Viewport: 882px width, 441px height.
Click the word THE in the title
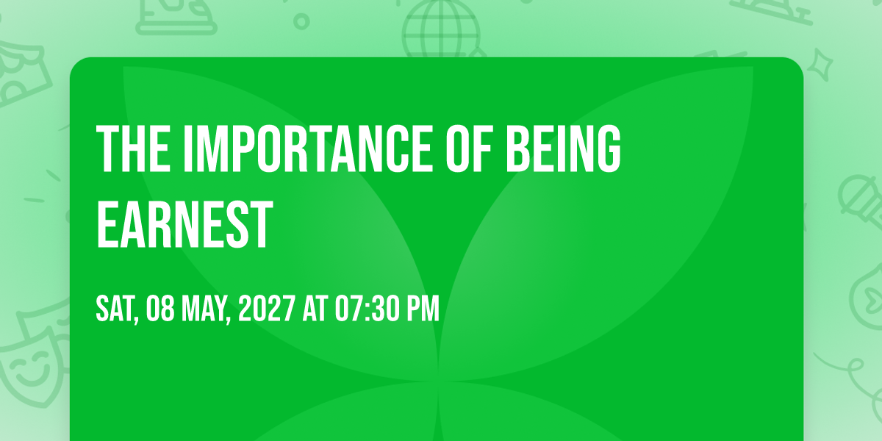click(x=134, y=148)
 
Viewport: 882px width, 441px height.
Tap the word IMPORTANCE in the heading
click(x=308, y=148)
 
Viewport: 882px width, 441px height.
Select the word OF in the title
click(x=469, y=148)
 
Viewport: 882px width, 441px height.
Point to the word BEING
click(x=563, y=148)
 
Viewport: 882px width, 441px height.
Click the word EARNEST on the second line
click(x=184, y=224)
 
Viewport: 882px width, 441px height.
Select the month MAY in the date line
click(x=206, y=309)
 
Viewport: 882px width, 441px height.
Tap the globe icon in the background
click(x=442, y=29)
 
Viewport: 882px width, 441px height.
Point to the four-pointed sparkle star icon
click(x=820, y=65)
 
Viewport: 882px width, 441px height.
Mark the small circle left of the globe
click(x=301, y=21)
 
